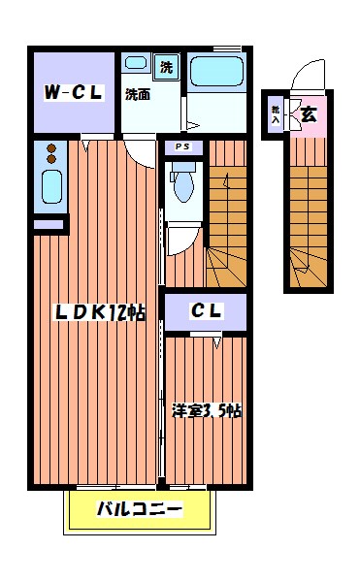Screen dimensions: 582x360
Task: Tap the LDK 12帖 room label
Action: pyautogui.click(x=99, y=312)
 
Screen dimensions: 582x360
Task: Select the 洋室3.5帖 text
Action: pyautogui.click(x=206, y=409)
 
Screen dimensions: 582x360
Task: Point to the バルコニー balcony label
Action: pyautogui.click(x=139, y=508)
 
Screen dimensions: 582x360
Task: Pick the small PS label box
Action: pyautogui.click(x=182, y=147)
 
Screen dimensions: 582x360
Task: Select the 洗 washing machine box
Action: pyautogui.click(x=166, y=67)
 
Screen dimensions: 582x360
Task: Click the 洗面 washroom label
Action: pyautogui.click(x=137, y=95)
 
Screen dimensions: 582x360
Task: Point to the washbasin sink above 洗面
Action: pyautogui.click(x=137, y=64)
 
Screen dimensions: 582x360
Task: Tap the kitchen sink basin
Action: pyautogui.click(x=51, y=185)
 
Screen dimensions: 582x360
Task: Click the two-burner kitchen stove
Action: pyautogui.click(x=51, y=153)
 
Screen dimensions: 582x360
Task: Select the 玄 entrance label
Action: pyautogui.click(x=308, y=114)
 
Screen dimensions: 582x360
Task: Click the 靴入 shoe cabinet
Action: pyautogui.click(x=276, y=115)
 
